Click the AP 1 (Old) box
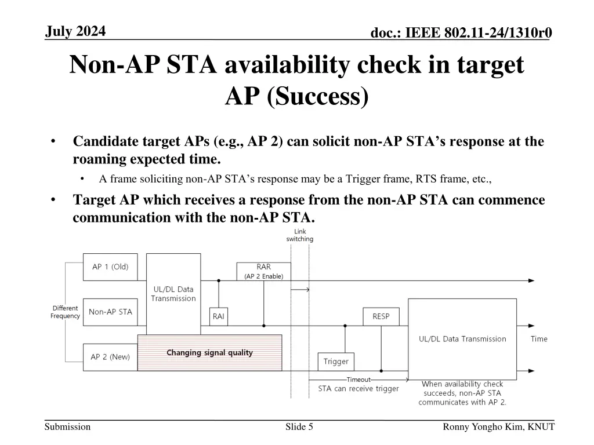pyautogui.click(x=110, y=267)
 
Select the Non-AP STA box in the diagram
pyautogui.click(x=110, y=312)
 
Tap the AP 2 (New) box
pyautogui.click(x=110, y=357)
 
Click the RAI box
pyautogui.click(x=218, y=316)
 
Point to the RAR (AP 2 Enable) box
pyautogui.click(x=263, y=271)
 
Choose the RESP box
pyautogui.click(x=381, y=316)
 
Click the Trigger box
pyautogui.click(x=336, y=362)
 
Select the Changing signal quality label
pyautogui.click(x=209, y=353)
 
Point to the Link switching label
pyautogui.click(x=299, y=235)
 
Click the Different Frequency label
pyautogui.click(x=65, y=312)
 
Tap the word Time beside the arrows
pyautogui.click(x=539, y=339)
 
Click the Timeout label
pyautogui.click(x=358, y=380)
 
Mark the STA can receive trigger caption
pyautogui.click(x=358, y=389)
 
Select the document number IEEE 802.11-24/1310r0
pyautogui.click(x=461, y=34)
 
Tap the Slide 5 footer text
pyautogui.click(x=299, y=427)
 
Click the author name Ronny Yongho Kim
pyautogui.click(x=498, y=427)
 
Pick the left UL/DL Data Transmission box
pyautogui.click(x=173, y=294)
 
